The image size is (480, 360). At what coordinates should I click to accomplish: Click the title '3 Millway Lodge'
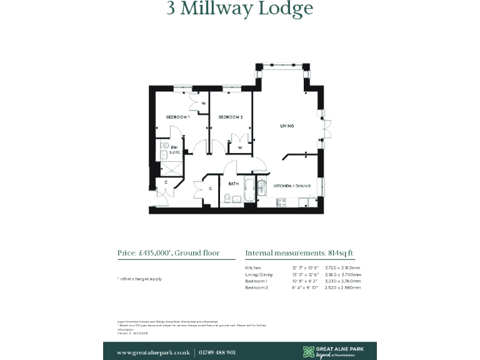pos(239,9)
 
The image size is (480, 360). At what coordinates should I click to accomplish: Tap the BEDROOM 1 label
pos(177,117)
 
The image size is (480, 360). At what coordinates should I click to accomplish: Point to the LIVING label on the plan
pos(287,126)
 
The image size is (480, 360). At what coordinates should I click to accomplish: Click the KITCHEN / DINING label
pos(292,186)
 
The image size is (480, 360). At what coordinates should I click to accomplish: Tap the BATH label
pos(233,184)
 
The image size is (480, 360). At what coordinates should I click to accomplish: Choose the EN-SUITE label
pos(175,150)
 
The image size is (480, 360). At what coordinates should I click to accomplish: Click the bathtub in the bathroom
pos(248,191)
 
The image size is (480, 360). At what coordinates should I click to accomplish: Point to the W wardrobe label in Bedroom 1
pos(203,103)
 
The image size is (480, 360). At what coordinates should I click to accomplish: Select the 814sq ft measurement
pos(341,253)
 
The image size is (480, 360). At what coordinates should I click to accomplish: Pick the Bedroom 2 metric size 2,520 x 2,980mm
pos(343,288)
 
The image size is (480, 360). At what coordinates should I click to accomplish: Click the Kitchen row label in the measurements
pos(253,267)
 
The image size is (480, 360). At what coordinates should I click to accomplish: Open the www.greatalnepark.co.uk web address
pos(153,352)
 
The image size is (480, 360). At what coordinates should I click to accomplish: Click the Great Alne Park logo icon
pos(309,352)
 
